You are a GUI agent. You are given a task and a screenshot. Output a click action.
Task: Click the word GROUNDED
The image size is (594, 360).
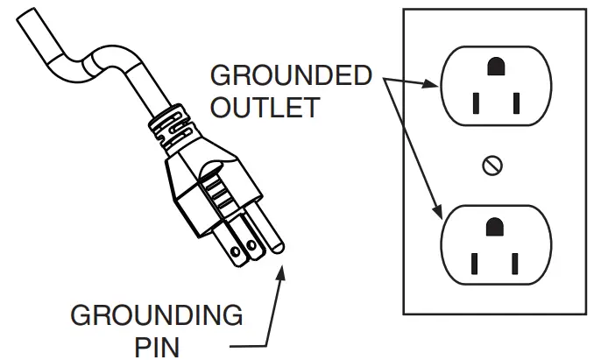pos(291,76)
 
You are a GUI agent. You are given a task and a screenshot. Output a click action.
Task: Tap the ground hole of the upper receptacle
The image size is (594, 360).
pos(496,66)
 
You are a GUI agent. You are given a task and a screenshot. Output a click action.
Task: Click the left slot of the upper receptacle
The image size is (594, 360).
pos(475,103)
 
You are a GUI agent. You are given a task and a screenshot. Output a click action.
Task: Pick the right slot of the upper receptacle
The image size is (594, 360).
pos(517,103)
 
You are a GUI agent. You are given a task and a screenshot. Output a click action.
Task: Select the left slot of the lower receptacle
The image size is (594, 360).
pos(475,264)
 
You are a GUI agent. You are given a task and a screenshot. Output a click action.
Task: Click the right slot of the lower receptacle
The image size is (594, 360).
pos(517,264)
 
